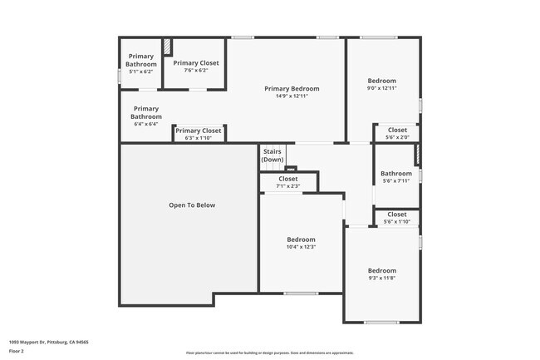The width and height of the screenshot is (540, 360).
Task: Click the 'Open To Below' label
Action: point(192,205)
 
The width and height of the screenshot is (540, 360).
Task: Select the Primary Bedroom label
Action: point(292,88)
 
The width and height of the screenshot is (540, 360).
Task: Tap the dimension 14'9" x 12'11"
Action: point(292,96)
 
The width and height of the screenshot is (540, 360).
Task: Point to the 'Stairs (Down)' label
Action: point(272,155)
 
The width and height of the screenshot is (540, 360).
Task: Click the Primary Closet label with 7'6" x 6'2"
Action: point(196,62)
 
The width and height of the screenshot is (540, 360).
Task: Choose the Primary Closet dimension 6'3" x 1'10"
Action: point(199,138)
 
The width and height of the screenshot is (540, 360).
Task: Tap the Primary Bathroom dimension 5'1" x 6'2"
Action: point(140,72)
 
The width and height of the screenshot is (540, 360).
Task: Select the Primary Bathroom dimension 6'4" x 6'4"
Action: point(145,124)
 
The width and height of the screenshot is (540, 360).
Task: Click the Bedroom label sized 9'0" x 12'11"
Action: point(382,81)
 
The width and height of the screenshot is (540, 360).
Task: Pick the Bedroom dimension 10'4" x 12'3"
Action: point(301,246)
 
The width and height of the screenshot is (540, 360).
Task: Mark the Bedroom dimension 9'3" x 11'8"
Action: point(382,278)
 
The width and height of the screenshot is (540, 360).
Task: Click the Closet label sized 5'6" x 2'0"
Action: point(397,130)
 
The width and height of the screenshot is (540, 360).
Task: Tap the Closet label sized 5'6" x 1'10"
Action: point(397,215)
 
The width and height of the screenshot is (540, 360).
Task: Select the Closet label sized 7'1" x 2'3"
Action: point(288,179)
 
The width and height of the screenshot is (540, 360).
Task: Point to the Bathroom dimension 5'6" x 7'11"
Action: point(396,181)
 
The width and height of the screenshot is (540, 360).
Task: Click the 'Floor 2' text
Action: point(17,351)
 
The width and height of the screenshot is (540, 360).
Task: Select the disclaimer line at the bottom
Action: point(269,353)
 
